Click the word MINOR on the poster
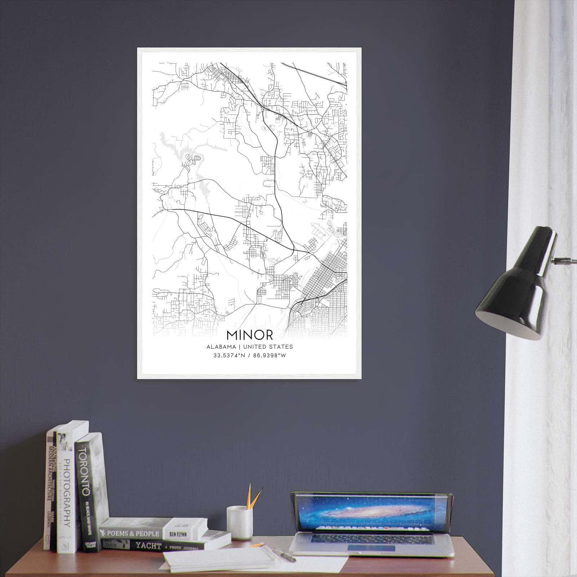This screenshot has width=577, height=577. point(250,335)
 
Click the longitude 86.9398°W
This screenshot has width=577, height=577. point(270,356)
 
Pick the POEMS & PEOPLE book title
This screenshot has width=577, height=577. point(133,533)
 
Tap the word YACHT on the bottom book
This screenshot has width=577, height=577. point(148,546)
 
